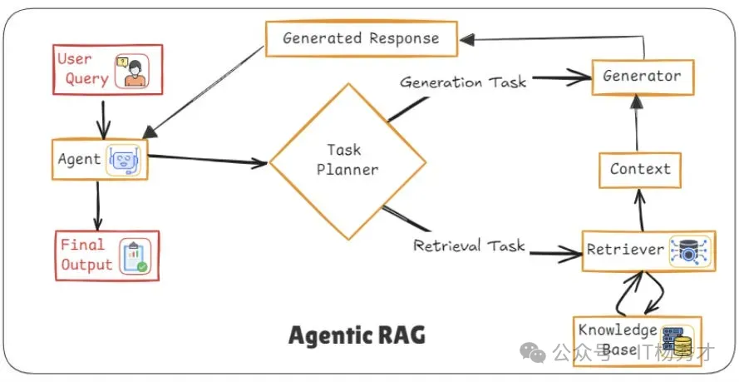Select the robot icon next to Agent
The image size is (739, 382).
click(124, 160)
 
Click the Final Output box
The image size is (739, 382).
click(106, 255)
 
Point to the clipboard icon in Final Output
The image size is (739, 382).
click(133, 257)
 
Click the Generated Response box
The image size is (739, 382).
click(361, 38)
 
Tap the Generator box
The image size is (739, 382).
click(642, 76)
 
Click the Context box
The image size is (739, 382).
click(640, 169)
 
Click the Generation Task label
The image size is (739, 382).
click(463, 82)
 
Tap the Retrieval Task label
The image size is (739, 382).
click(469, 246)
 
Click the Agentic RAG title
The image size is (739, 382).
click(357, 335)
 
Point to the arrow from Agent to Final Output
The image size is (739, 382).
click(98, 204)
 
